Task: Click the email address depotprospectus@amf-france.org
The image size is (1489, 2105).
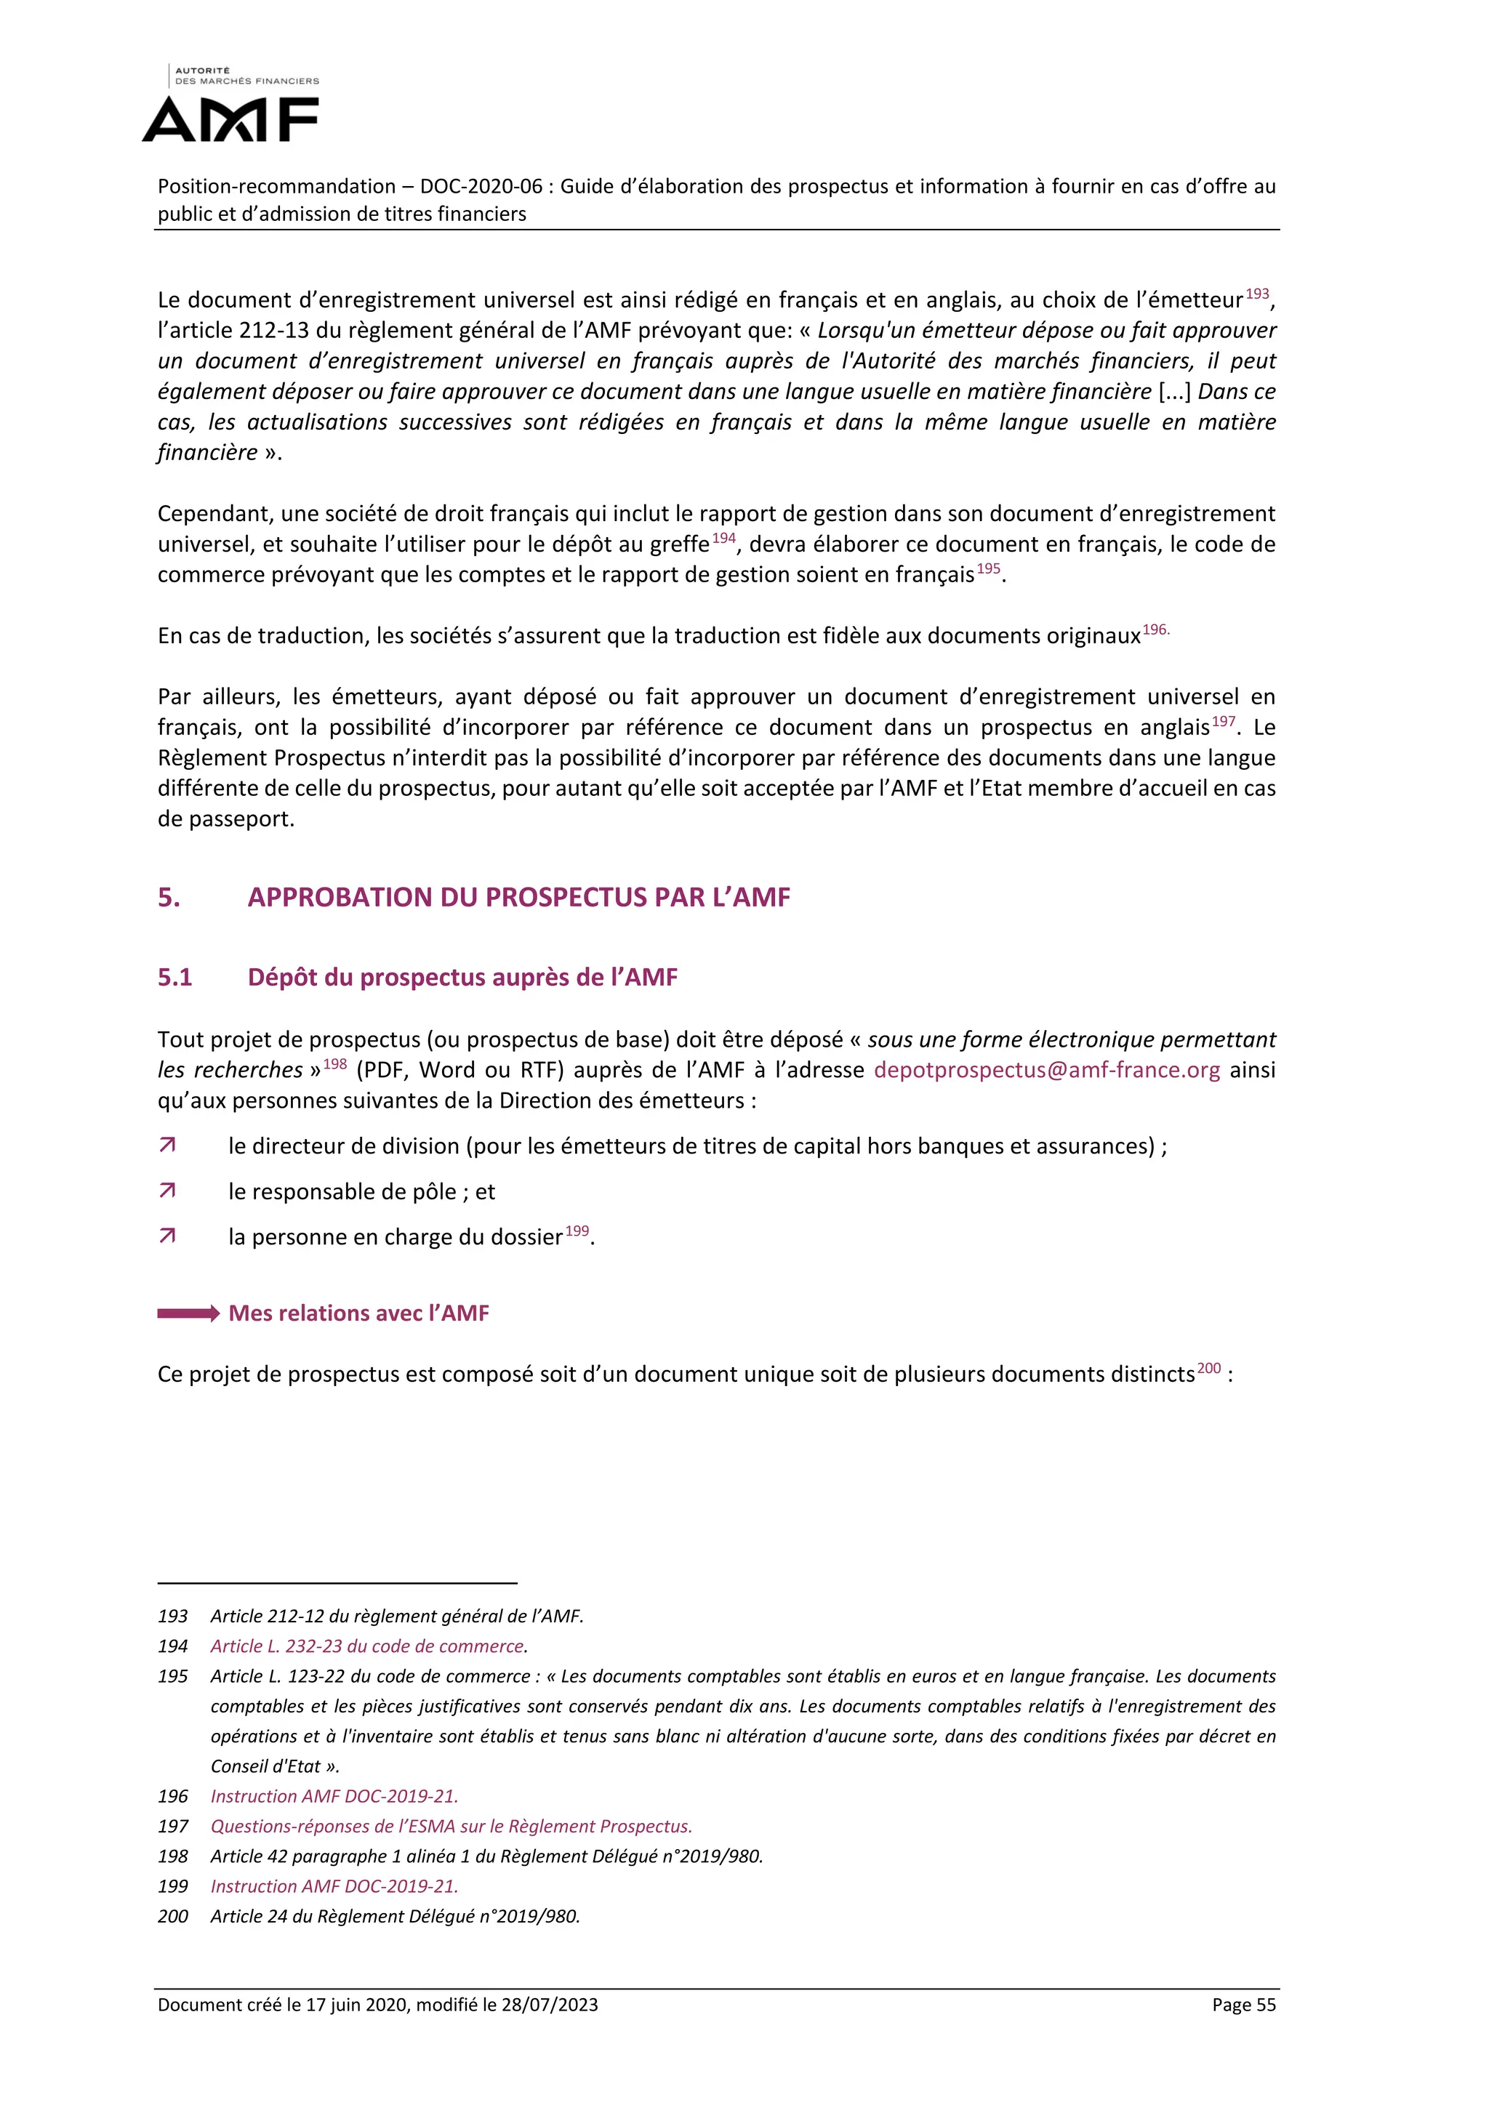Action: coord(1046,1070)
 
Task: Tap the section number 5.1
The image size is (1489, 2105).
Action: coord(174,978)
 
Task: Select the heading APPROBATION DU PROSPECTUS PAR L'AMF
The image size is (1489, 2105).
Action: coord(518,897)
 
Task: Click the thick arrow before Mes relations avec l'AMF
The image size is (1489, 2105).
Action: coord(188,1313)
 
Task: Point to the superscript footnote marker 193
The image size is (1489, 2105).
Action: coord(1257,294)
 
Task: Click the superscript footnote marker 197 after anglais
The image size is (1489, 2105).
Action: coord(1223,722)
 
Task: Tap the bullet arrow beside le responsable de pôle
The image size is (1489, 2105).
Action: coord(167,1191)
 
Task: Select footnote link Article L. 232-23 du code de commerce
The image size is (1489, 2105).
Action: coord(368,1646)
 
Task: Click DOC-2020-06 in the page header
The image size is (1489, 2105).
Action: coord(481,186)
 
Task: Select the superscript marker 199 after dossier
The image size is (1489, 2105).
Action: coord(577,1231)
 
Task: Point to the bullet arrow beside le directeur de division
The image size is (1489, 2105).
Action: coord(167,1145)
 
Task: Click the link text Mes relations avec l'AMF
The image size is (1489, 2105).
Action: coord(358,1313)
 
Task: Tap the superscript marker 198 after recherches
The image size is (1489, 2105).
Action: coord(334,1063)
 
